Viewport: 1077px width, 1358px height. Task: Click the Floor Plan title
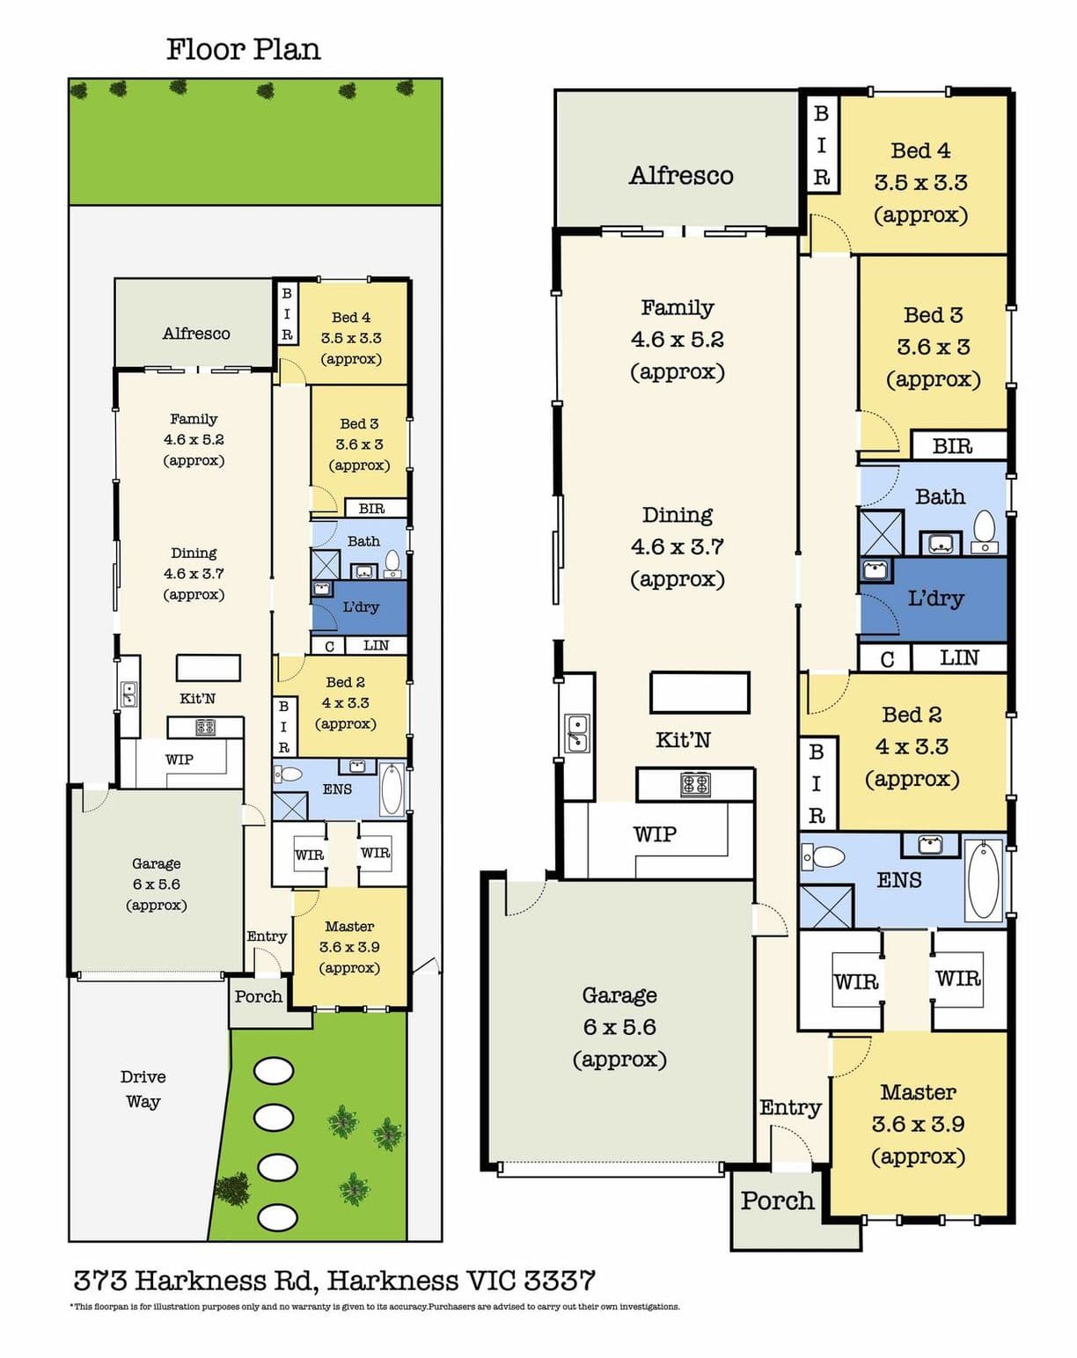(244, 50)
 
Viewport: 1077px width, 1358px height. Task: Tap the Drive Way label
(143, 1090)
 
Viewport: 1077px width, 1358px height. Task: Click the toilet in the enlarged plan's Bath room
(985, 531)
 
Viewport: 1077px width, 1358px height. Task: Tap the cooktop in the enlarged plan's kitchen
(695, 785)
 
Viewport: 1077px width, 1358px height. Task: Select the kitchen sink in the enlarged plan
(577, 733)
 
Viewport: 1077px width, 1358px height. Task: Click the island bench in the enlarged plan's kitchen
(700, 693)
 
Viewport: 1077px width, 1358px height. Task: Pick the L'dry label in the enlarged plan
(935, 598)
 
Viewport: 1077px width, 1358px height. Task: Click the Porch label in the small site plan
(258, 996)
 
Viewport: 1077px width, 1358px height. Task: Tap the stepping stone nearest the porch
(273, 1071)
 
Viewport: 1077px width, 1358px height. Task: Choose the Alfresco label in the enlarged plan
(681, 175)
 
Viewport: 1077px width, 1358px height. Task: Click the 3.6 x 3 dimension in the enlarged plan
(934, 347)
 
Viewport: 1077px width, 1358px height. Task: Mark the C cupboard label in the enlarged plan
(887, 659)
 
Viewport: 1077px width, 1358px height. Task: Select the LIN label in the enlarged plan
(959, 658)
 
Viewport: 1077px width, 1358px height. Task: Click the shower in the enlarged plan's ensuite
(826, 907)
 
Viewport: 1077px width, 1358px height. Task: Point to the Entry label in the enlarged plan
(790, 1107)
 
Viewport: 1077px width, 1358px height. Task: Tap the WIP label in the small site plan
(179, 760)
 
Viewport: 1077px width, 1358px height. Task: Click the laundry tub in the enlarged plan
(876, 569)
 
